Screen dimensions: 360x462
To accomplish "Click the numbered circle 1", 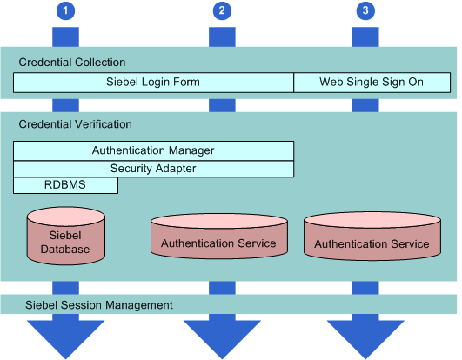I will tap(65, 11).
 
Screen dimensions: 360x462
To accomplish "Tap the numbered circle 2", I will tap(222, 11).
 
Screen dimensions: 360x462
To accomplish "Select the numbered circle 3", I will tap(365, 11).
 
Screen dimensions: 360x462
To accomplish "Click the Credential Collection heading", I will tap(72, 63).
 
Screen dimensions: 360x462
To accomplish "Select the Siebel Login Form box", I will tap(153, 83).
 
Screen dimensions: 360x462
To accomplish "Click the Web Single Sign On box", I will tap(372, 83).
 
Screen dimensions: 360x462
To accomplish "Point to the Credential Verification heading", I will tap(75, 125).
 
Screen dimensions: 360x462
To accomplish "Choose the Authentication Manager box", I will tap(153, 150).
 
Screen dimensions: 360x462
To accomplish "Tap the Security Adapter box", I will tap(153, 168).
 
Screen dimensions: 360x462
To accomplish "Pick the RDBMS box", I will tap(65, 185).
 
